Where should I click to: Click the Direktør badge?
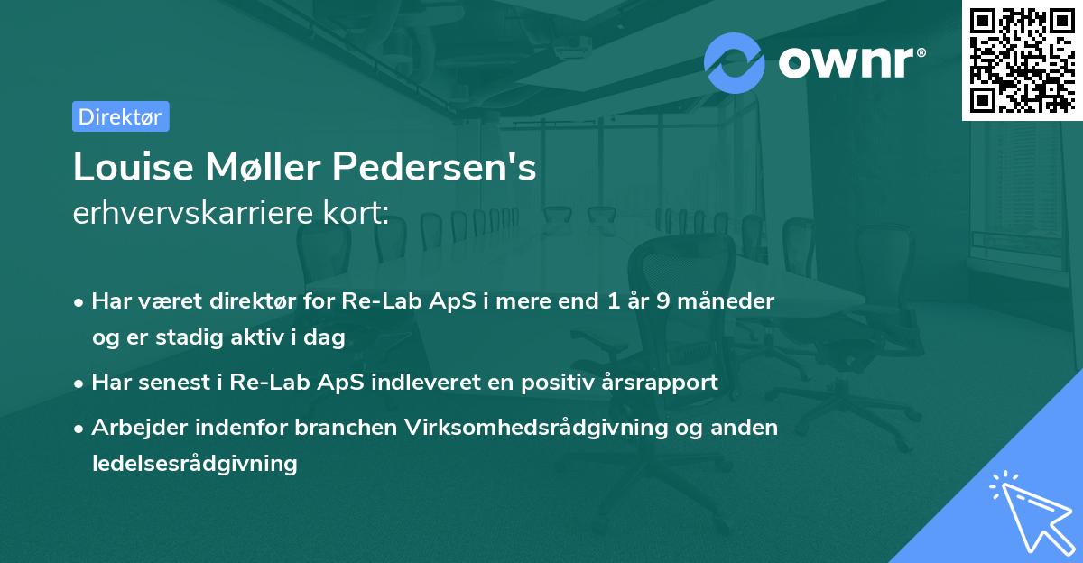[120, 116]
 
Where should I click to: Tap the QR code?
[1021, 60]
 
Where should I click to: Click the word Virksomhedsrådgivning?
[514, 427]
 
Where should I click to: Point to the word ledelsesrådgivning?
[194, 463]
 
